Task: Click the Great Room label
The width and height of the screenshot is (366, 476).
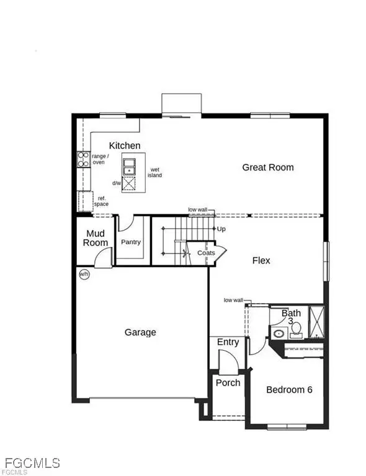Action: click(x=268, y=167)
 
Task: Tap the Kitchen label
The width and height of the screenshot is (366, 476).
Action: click(x=125, y=146)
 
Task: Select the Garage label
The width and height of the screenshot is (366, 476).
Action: click(x=140, y=333)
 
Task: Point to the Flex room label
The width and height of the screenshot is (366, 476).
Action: click(x=261, y=260)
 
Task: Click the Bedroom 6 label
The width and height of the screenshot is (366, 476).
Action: click(x=290, y=390)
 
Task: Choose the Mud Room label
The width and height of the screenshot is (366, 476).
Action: click(x=96, y=239)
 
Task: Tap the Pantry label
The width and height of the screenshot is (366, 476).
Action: click(x=131, y=242)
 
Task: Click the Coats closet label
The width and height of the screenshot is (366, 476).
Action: click(x=206, y=253)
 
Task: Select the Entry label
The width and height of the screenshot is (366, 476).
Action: click(x=228, y=343)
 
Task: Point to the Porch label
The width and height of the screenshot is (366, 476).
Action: click(x=228, y=383)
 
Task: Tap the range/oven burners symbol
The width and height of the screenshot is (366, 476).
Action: click(x=83, y=159)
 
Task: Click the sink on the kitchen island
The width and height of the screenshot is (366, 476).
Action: click(x=130, y=165)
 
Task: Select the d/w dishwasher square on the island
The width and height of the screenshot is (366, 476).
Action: click(x=130, y=183)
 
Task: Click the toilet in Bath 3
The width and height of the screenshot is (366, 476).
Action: click(x=295, y=328)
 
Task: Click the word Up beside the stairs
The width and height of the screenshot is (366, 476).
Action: click(x=221, y=229)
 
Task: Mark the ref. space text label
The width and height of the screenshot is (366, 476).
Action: click(x=101, y=201)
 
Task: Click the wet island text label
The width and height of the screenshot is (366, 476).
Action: click(x=154, y=172)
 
